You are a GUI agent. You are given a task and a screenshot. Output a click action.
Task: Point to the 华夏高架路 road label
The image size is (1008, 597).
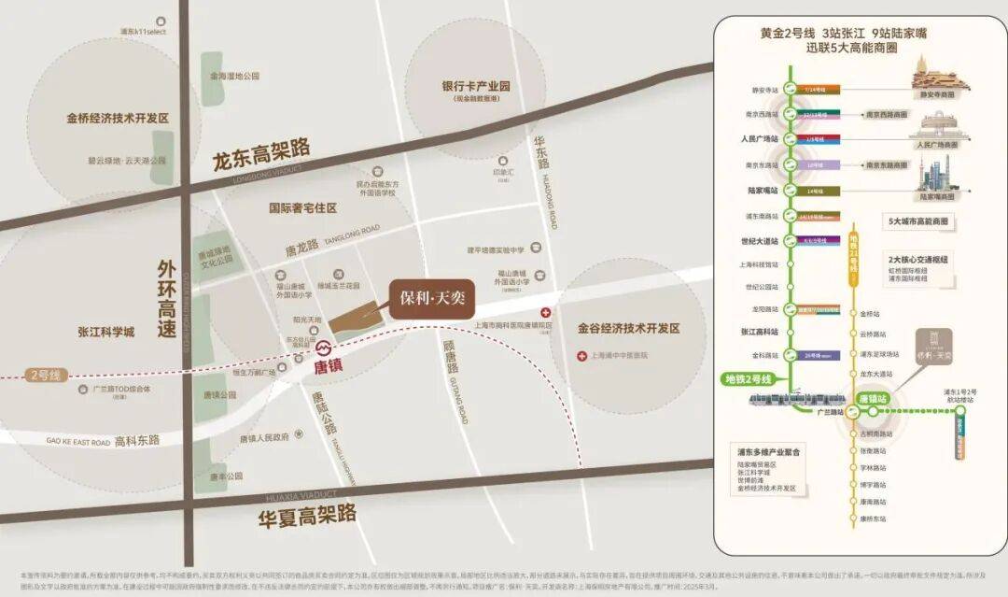pyautogui.click(x=307, y=513)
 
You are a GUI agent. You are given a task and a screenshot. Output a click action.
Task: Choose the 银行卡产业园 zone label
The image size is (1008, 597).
pyautogui.click(x=476, y=86)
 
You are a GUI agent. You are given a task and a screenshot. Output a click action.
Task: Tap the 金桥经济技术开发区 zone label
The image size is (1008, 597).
pyautogui.click(x=117, y=119)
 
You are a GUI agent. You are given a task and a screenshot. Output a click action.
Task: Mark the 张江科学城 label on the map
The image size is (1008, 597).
pyautogui.click(x=106, y=332)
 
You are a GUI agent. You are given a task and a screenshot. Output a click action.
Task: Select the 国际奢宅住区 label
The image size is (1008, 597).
pyautogui.click(x=302, y=207)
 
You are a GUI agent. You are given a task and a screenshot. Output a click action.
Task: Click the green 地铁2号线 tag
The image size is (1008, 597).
pyautogui.click(x=749, y=379)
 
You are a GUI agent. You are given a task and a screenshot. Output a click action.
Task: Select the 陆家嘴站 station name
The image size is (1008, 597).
pyautogui.click(x=763, y=190)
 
